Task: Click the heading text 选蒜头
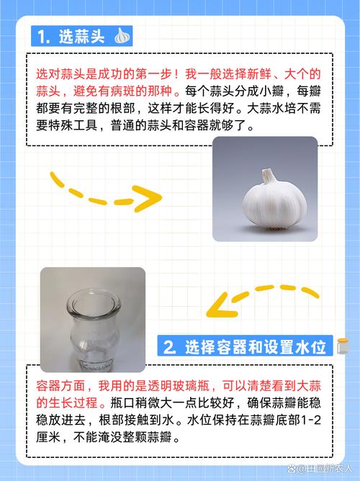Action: pos(83,36)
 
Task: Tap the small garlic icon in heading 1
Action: pos(123,35)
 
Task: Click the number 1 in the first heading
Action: pos(45,36)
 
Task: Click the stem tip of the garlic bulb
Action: pos(267,174)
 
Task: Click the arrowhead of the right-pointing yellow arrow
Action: pos(150,198)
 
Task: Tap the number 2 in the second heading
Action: pos(169,347)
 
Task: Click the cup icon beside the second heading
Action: pos(341,347)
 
